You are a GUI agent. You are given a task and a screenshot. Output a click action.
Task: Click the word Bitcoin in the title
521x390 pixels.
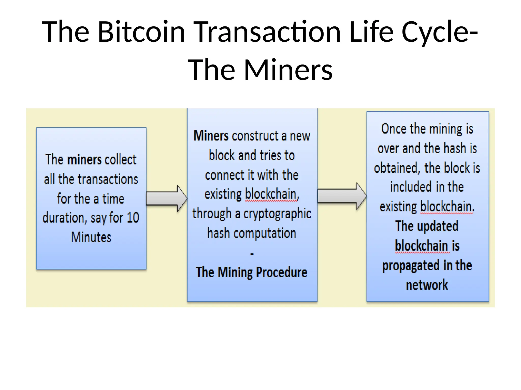(141, 32)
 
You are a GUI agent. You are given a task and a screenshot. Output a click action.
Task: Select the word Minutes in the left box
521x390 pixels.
(91, 237)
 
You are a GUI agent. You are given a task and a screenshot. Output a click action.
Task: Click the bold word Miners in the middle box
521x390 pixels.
(211, 136)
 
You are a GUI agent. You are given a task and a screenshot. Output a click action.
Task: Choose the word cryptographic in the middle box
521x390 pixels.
(277, 214)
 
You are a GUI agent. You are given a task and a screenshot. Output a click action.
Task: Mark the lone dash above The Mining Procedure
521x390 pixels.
(252, 253)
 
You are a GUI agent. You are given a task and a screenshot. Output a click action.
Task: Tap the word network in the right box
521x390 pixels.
(427, 285)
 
